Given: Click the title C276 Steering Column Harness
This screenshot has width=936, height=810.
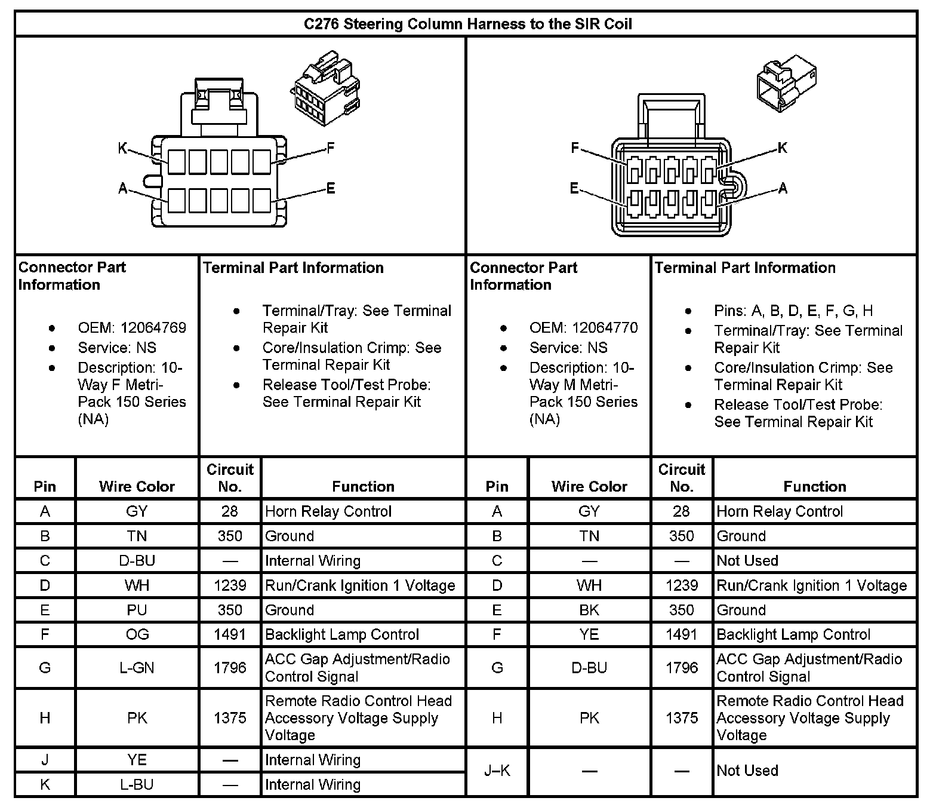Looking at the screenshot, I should click(467, 24).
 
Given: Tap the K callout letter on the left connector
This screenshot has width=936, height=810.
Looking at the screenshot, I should click(122, 148).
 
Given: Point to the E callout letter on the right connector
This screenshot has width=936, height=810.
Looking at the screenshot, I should click(574, 189).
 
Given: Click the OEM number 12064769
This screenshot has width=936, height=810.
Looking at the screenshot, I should click(153, 328).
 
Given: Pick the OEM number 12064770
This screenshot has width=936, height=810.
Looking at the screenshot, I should click(605, 328).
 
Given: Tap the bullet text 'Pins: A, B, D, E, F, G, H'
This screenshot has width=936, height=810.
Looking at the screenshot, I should click(793, 311).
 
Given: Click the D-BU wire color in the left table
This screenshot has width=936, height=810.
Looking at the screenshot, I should click(137, 561).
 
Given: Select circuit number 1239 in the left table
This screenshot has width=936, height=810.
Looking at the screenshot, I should click(230, 585).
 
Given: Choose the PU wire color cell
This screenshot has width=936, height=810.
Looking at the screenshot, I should click(137, 610).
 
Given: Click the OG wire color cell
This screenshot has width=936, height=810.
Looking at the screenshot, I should click(137, 634).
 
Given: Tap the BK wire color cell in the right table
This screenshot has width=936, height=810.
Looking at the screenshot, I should click(589, 610).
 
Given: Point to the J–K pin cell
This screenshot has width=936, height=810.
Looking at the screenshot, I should click(497, 771).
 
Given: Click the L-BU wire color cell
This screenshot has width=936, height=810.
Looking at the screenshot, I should click(137, 784).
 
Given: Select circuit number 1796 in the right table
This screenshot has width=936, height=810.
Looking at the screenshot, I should click(682, 667).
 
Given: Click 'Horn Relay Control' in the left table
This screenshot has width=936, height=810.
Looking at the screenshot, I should click(328, 511).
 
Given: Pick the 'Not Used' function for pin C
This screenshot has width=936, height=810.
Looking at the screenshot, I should click(747, 561).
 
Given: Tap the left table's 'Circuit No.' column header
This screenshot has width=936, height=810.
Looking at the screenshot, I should click(230, 478).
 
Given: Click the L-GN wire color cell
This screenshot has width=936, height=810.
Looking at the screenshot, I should click(137, 667).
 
